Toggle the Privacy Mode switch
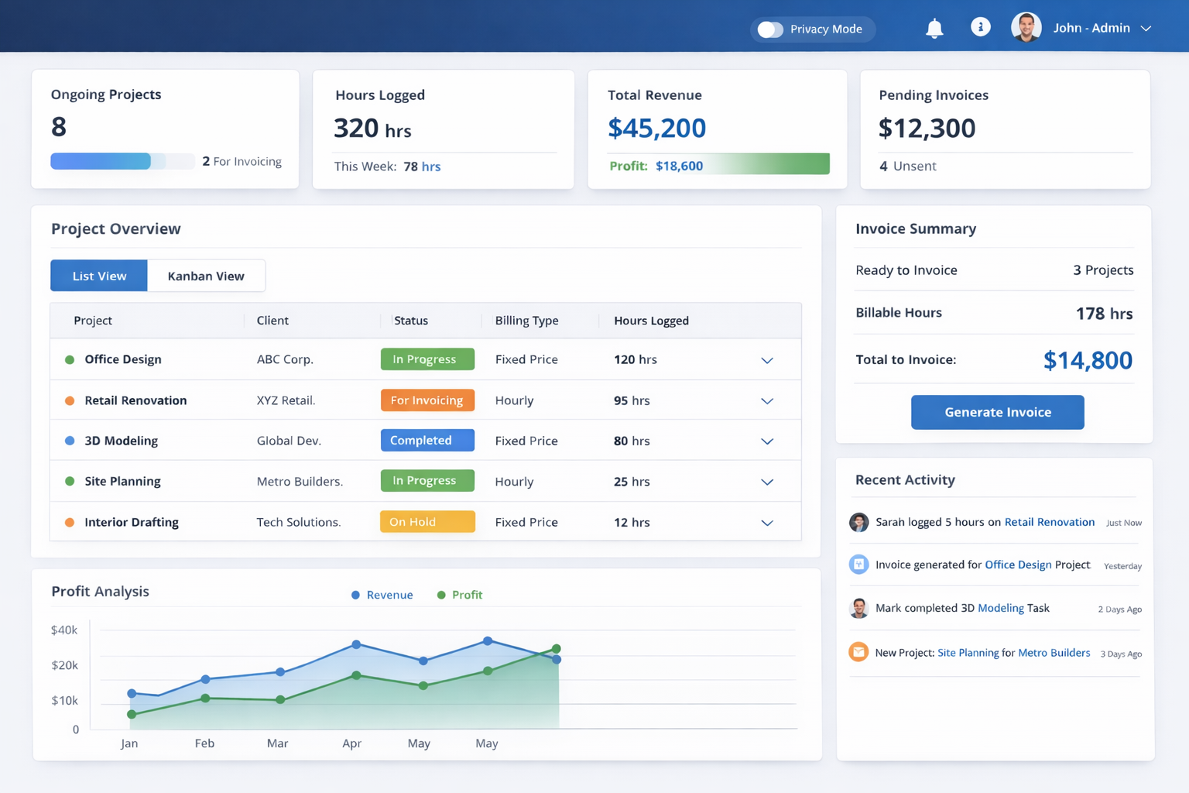click(769, 29)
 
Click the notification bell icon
click(934, 28)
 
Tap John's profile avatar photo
click(1026, 27)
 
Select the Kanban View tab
click(206, 276)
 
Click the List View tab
click(99, 276)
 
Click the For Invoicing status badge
click(427, 400)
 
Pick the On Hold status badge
click(427, 522)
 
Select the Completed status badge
click(427, 441)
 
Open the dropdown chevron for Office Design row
click(767, 360)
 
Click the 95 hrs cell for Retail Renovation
click(632, 400)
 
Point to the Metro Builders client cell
click(300, 481)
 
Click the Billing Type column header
click(526, 321)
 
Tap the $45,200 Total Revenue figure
click(656, 128)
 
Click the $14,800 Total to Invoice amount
click(1088, 360)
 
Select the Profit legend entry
click(460, 595)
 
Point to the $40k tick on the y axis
click(64, 630)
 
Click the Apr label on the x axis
click(352, 743)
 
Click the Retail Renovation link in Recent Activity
click(1050, 522)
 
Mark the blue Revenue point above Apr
click(357, 644)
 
